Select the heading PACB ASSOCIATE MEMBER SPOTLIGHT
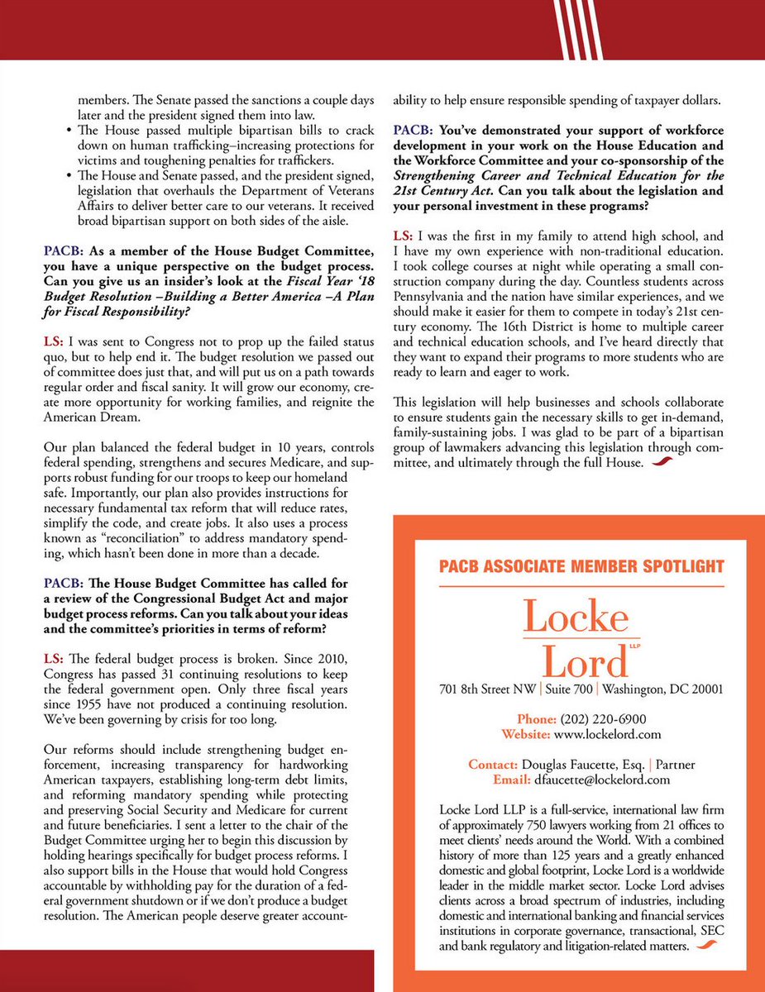582,566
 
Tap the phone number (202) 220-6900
603,719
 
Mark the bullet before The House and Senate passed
68,176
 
